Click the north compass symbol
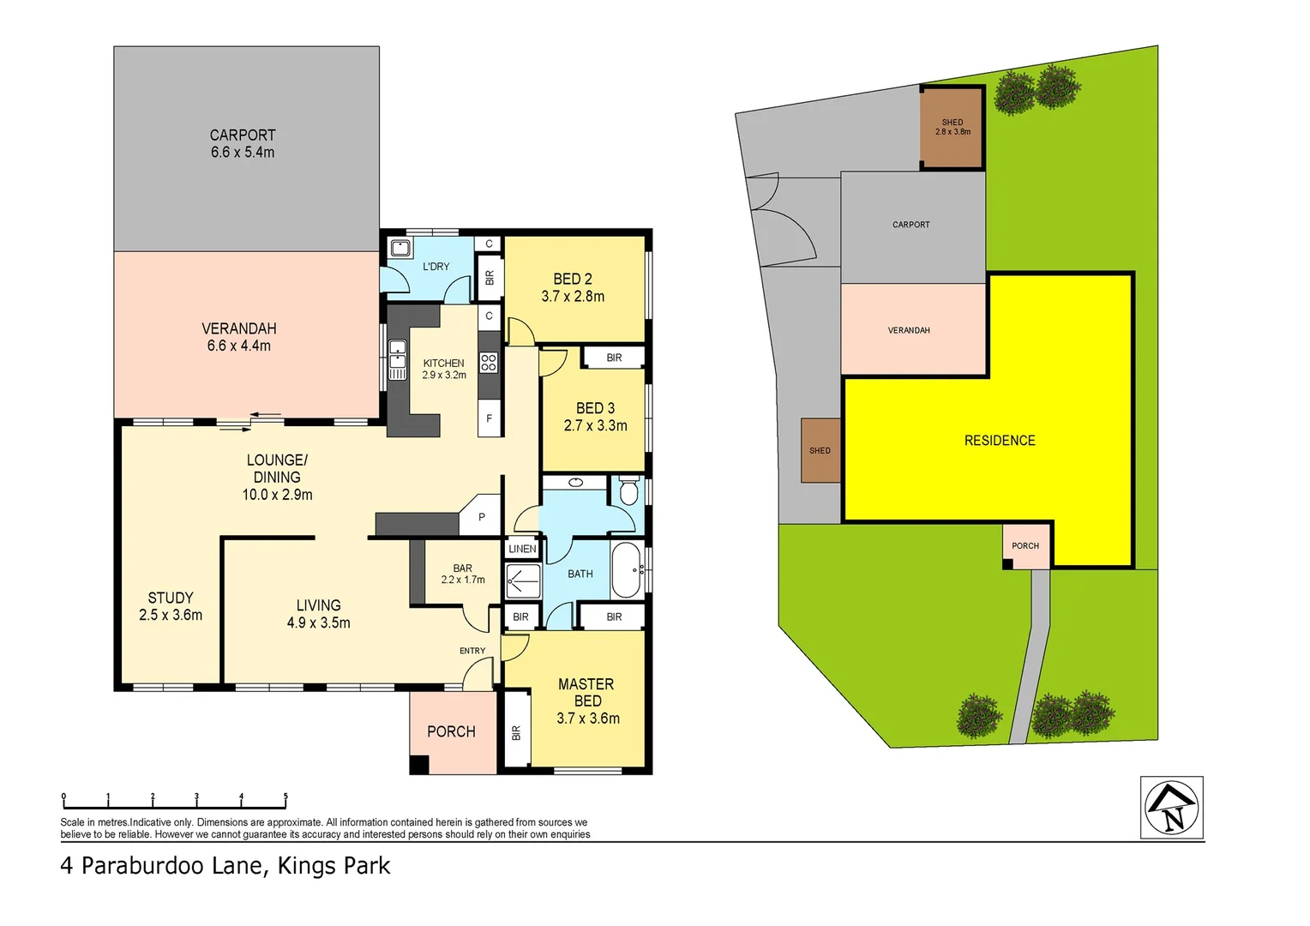[x=1171, y=808]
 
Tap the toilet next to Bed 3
[x=628, y=492]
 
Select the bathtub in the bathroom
[x=626, y=570]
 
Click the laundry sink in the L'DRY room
[x=400, y=249]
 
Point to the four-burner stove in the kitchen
[x=489, y=363]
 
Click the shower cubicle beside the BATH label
[x=522, y=581]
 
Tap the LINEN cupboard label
[x=522, y=549]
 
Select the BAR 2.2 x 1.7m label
[x=462, y=574]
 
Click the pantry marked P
[x=482, y=516]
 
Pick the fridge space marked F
[x=490, y=418]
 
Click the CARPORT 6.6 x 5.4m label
[x=243, y=143]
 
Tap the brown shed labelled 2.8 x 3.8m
[x=952, y=128]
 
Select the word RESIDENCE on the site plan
[x=1000, y=441]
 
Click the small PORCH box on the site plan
[x=1026, y=546]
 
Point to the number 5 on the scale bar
[x=285, y=797]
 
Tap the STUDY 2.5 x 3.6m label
[x=171, y=605]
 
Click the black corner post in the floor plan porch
[x=418, y=765]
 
